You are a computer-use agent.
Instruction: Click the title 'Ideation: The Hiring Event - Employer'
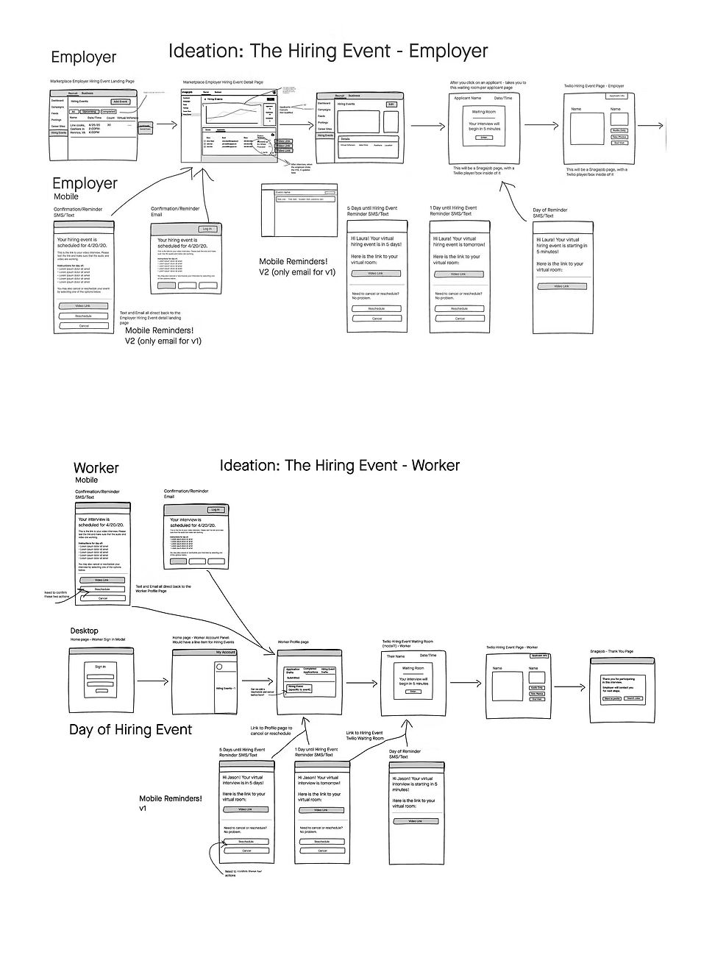click(x=328, y=51)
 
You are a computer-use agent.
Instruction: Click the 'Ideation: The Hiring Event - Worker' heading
click(x=339, y=465)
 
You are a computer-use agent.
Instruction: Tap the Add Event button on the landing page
click(x=120, y=102)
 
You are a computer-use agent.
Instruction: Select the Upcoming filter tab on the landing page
click(x=89, y=112)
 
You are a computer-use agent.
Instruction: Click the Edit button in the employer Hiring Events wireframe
click(x=391, y=104)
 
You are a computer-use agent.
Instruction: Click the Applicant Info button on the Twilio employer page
click(x=616, y=96)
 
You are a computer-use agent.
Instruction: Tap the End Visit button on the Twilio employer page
click(x=619, y=143)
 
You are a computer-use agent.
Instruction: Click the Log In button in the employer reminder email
click(x=208, y=229)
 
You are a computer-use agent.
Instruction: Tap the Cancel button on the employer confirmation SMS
click(x=84, y=325)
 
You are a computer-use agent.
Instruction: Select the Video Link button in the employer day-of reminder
click(x=561, y=286)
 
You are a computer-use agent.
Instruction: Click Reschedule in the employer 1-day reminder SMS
click(x=459, y=309)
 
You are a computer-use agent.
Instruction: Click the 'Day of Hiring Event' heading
click(x=130, y=730)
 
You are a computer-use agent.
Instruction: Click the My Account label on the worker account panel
click(x=225, y=653)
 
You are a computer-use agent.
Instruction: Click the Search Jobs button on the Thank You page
click(x=633, y=698)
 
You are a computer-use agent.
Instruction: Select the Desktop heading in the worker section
click(x=84, y=631)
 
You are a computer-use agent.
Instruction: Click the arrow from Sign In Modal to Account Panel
click(x=152, y=681)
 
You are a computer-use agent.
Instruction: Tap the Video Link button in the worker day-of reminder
click(x=414, y=821)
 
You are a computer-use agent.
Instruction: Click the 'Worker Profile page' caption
click(x=293, y=642)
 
